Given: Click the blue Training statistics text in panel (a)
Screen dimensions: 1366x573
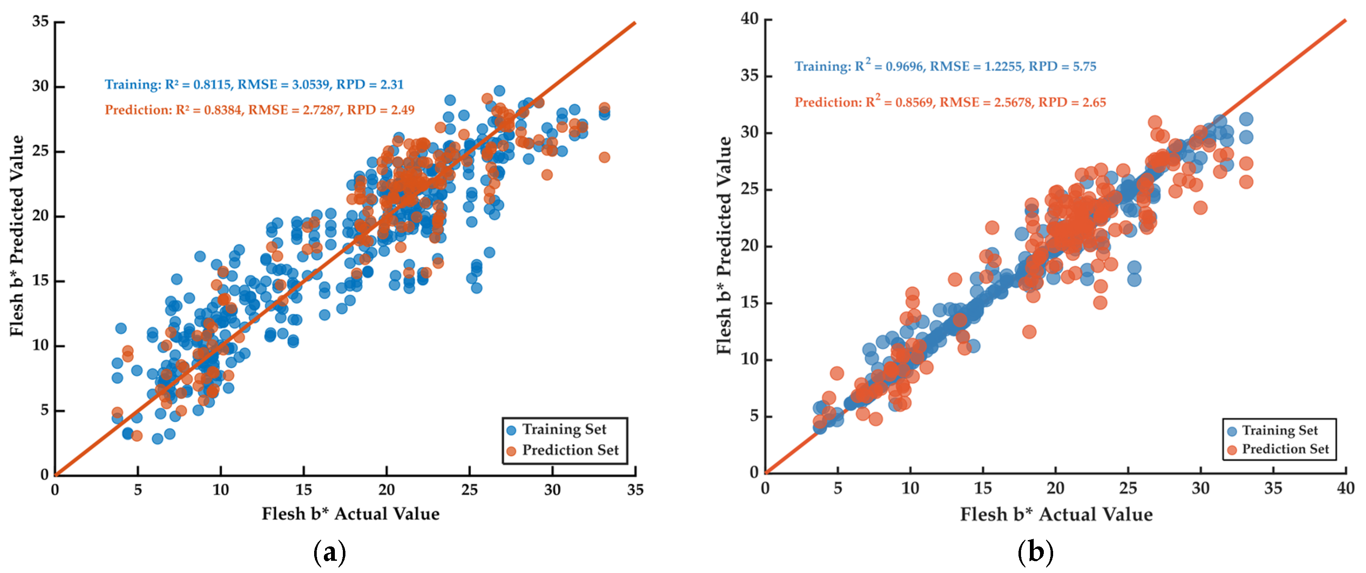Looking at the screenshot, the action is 254,85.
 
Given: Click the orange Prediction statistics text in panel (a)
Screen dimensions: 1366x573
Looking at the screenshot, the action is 259,110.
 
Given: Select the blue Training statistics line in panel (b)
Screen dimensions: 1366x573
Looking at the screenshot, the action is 945,66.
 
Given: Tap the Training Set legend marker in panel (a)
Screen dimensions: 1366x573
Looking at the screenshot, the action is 511,430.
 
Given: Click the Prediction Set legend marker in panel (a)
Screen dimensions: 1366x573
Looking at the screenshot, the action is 511,451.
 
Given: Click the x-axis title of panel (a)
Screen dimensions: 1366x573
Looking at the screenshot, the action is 350,514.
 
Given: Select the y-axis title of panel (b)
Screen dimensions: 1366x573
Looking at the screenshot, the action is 724,246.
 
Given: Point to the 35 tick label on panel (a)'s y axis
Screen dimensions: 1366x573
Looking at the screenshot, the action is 40,21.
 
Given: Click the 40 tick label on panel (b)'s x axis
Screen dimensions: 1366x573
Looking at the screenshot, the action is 1346,488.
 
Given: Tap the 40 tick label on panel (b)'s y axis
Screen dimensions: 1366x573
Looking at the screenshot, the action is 750,19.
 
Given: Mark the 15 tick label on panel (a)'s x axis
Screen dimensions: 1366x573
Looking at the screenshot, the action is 304,489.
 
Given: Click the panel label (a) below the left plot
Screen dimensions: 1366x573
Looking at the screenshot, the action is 330,552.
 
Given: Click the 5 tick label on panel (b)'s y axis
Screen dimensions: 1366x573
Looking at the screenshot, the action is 755,416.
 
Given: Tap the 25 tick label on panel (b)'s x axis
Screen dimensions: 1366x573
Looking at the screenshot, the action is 1128,488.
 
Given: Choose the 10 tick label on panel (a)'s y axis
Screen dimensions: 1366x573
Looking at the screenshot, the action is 40,345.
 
